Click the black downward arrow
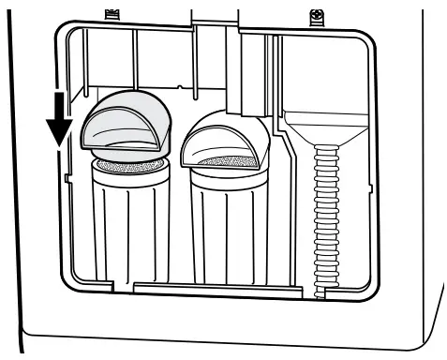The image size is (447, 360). [x=60, y=117]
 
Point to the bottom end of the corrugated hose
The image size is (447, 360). [x=320, y=289]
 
